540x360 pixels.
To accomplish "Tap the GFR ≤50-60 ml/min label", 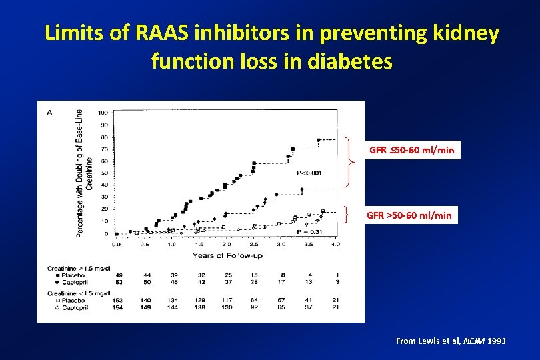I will pyautogui.click(x=411, y=150).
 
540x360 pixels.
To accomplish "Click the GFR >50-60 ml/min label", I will pyautogui.click(x=409, y=215).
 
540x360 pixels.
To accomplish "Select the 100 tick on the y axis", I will pyautogui.click(x=103, y=112).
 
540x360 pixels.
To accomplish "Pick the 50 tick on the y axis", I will pyautogui.click(x=104, y=173).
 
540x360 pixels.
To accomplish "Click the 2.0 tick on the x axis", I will pyautogui.click(x=226, y=244).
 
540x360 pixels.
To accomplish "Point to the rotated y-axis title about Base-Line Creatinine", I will pyautogui.click(x=84, y=172).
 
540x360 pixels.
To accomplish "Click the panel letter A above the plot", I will pyautogui.click(x=50, y=113).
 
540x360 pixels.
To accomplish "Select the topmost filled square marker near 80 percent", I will pyautogui.click(x=318, y=140).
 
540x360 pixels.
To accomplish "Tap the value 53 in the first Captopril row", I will pyautogui.click(x=119, y=281).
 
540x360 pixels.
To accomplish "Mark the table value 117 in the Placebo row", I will pyautogui.click(x=227, y=301).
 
